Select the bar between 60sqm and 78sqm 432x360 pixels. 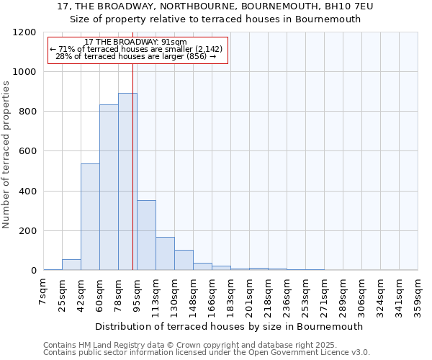click(x=109, y=187)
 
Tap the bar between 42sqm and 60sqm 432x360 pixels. click(x=90, y=217)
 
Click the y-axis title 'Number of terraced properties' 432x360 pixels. click(x=6, y=155)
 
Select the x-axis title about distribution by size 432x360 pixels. click(x=229, y=326)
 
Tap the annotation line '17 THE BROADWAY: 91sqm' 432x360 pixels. click(x=135, y=42)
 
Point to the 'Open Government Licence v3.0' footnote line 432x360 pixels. click(x=207, y=352)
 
